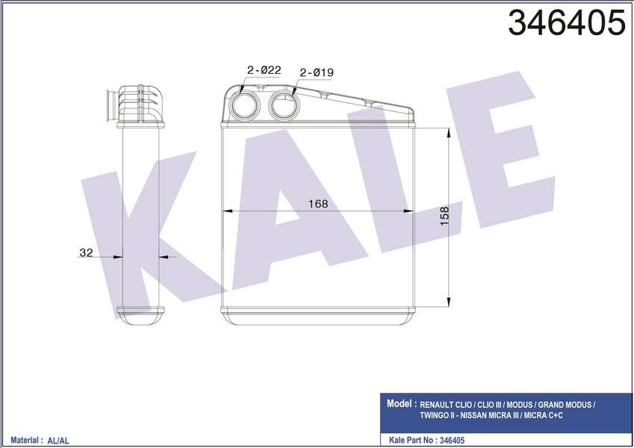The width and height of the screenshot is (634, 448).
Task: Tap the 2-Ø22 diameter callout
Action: coord(264,70)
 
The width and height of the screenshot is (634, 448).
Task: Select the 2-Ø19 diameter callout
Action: coord(316,72)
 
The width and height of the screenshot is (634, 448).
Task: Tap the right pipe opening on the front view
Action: coord(284,106)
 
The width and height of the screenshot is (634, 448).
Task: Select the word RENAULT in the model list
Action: coord(441,404)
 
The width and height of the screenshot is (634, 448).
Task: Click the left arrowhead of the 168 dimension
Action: coord(227,212)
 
